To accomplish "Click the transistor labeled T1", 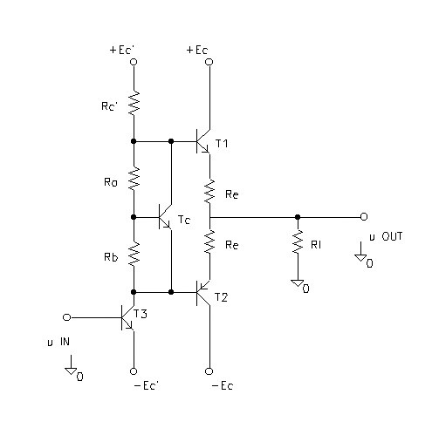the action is (202, 141).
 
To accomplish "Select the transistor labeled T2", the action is (202, 293).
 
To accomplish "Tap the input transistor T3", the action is (127, 317).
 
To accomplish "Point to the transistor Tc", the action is (165, 217).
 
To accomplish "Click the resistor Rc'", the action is (134, 103).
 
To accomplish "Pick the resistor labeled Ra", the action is (134, 179).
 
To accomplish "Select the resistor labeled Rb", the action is (134, 254).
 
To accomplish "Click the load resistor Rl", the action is (298, 241).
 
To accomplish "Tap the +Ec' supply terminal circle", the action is (134, 62).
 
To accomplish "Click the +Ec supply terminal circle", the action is (209, 62).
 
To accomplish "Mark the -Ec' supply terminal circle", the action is (134, 371).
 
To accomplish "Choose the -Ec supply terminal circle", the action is (209, 371).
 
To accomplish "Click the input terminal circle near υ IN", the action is (67, 317).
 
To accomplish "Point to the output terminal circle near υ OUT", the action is (364, 217).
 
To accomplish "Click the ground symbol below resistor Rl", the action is (298, 283).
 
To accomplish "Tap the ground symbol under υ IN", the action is (71, 371).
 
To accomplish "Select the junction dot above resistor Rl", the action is (298, 217).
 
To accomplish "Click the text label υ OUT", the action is (386, 236).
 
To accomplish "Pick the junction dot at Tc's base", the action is (134, 217).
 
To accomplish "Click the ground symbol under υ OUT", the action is (360, 258).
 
